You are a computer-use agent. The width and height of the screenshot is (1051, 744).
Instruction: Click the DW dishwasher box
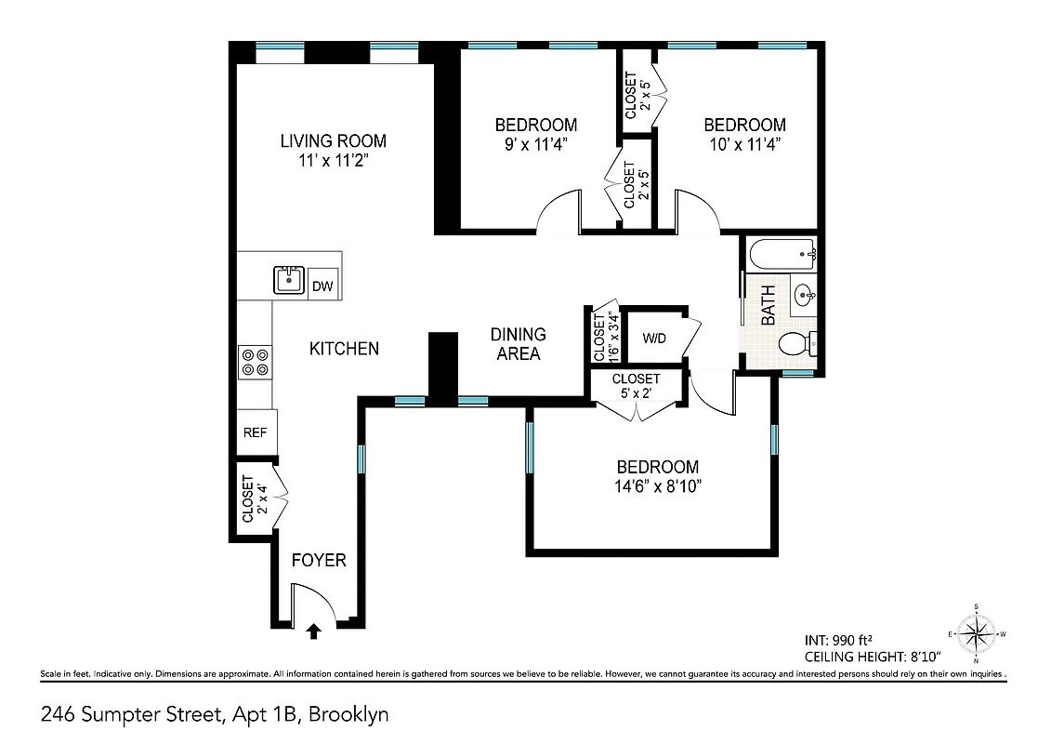coord(322,286)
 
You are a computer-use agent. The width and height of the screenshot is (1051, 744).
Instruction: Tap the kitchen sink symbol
coord(289,279)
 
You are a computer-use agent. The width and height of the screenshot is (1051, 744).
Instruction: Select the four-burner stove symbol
coord(255,362)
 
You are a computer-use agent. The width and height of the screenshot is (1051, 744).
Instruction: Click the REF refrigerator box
coord(256,432)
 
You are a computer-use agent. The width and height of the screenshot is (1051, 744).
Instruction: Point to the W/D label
coord(654,338)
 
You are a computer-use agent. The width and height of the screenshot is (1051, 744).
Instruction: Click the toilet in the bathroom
coord(795,344)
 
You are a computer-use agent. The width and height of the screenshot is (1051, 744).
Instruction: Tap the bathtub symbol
coord(782,252)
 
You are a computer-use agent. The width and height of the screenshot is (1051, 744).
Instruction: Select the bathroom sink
coord(805,297)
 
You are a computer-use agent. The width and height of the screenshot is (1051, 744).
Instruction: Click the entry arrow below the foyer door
coord(313,631)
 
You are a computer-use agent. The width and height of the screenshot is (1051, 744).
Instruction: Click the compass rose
coord(976,634)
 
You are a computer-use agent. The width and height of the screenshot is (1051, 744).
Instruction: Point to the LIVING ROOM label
coord(334,141)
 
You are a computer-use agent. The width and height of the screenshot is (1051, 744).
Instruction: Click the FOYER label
coord(319,560)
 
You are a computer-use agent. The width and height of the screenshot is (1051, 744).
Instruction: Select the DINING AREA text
coord(519,343)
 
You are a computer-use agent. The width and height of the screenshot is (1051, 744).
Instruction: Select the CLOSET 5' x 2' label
coord(637,385)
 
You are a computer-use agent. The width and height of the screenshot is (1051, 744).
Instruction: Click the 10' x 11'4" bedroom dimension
coord(743,144)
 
